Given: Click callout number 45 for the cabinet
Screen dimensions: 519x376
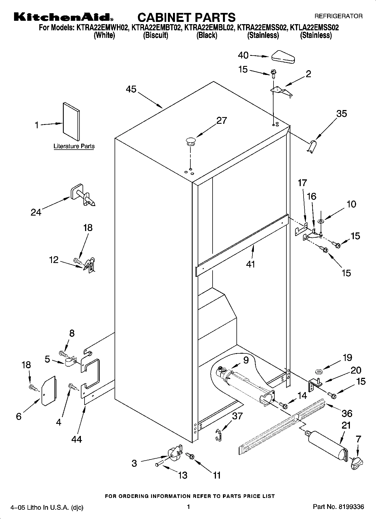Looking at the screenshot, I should click(x=131, y=89).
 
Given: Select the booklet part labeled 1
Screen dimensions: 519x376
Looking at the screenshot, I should click(x=71, y=121).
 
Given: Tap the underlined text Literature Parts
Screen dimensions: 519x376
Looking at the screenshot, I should click(x=74, y=146).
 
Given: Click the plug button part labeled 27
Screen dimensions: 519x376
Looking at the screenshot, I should click(x=190, y=140).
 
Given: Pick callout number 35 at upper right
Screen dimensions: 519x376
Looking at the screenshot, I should click(x=341, y=114).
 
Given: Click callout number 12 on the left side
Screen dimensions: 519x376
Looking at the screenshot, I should click(x=54, y=260).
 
